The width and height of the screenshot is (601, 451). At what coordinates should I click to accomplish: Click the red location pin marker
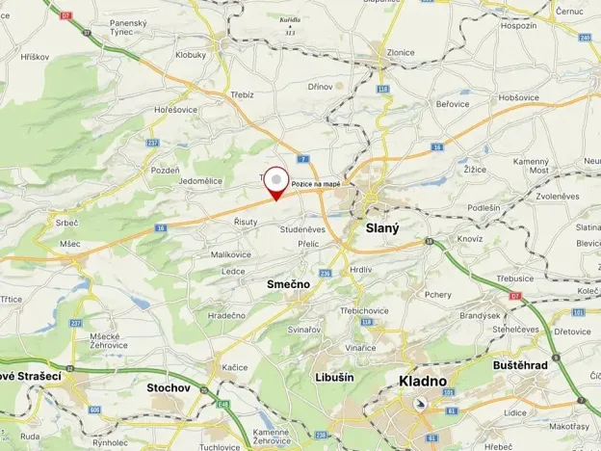pos(277,182)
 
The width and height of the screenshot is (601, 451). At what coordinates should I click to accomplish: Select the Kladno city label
pos(422,381)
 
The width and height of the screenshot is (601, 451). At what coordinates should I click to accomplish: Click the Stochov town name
pos(169,387)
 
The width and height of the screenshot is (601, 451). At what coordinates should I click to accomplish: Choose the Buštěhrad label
pos(521,366)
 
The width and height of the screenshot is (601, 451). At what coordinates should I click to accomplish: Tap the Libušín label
pos(334,377)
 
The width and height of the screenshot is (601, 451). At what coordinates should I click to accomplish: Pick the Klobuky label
pos(191,55)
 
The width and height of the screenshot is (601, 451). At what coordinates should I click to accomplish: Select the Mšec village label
pos(69,244)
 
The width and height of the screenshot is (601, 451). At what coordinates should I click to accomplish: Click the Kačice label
pos(234,367)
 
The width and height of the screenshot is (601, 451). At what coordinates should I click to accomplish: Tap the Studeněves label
pos(302,229)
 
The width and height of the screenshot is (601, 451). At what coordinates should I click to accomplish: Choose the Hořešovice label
pos(175,110)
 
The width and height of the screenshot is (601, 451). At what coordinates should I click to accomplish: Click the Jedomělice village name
pos(200,180)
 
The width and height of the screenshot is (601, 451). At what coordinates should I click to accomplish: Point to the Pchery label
pos(437,295)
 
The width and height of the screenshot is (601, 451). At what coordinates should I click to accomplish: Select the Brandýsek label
pos(480,315)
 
